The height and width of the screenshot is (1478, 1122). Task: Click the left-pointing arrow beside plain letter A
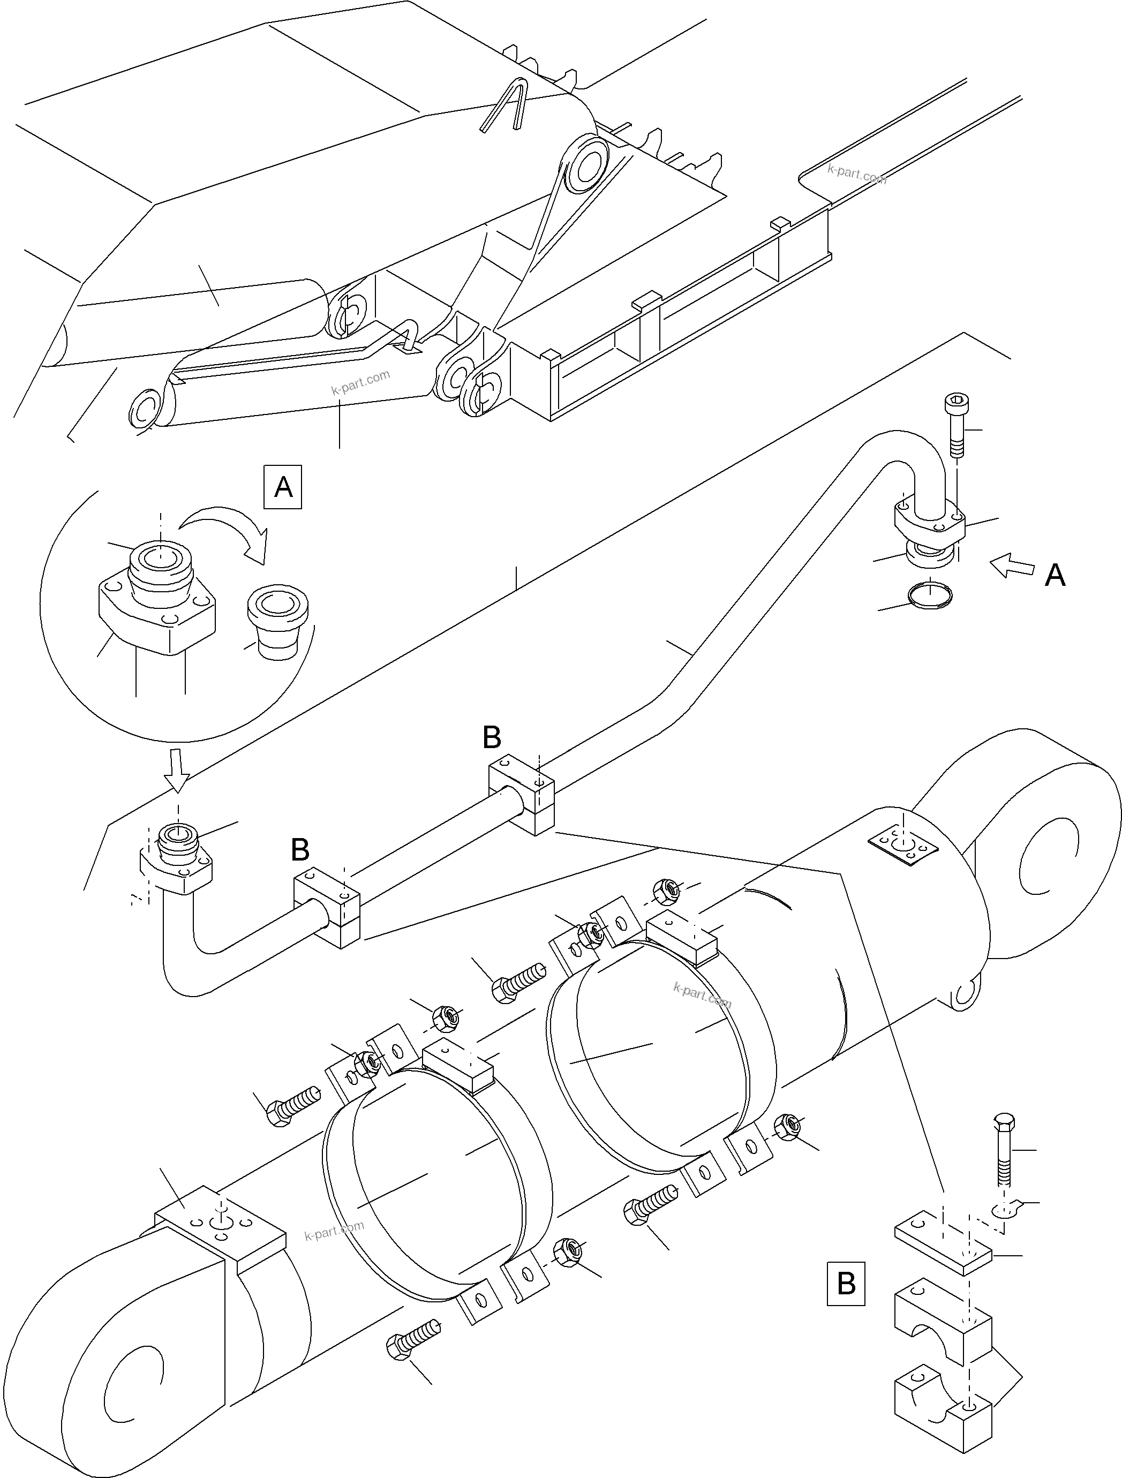[x=1011, y=566]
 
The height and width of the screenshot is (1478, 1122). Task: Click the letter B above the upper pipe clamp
[x=491, y=738]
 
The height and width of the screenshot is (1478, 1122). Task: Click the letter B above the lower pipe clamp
[x=300, y=850]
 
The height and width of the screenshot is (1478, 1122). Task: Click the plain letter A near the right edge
[x=1055, y=575]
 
